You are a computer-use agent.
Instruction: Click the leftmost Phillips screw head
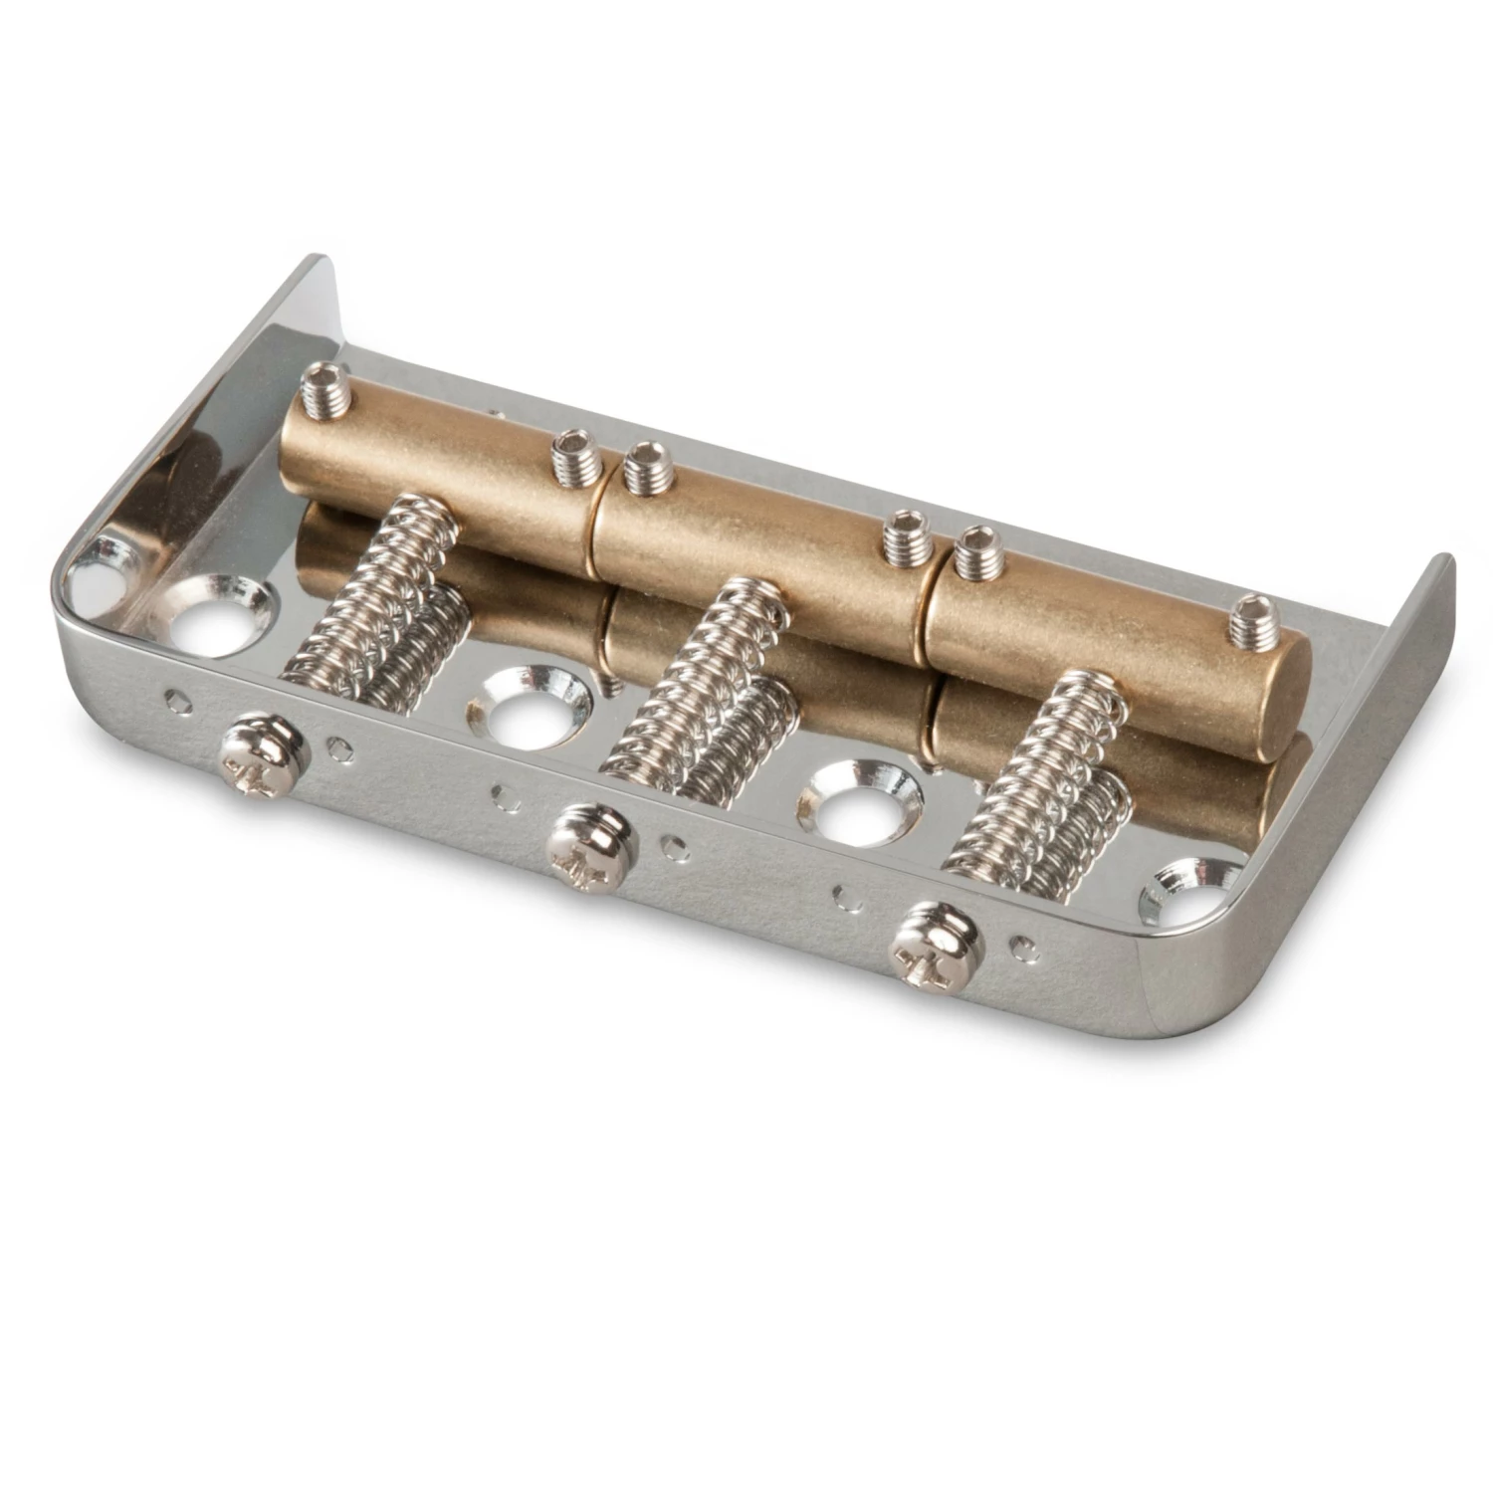pos(257,752)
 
